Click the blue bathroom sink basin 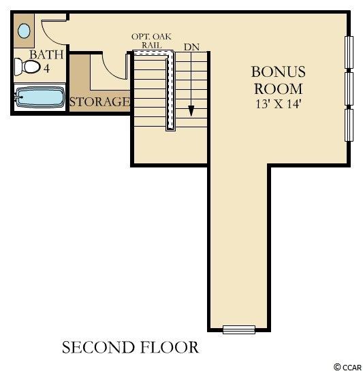coord(24,31)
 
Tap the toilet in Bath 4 coord(27,67)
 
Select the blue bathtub coord(40,97)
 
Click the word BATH coord(46,54)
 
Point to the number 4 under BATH coord(46,68)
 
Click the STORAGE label coord(99,101)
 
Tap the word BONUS coord(279,71)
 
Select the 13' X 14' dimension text coord(279,103)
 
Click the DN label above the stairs coord(191,47)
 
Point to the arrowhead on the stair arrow coord(191,111)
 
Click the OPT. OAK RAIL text coord(152,41)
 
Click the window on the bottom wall coord(239,329)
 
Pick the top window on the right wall coord(349,52)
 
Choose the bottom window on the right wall coord(349,125)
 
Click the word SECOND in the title coord(97,347)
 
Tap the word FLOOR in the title coord(169,347)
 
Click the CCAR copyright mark coord(347,367)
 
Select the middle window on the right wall coord(349,88)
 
